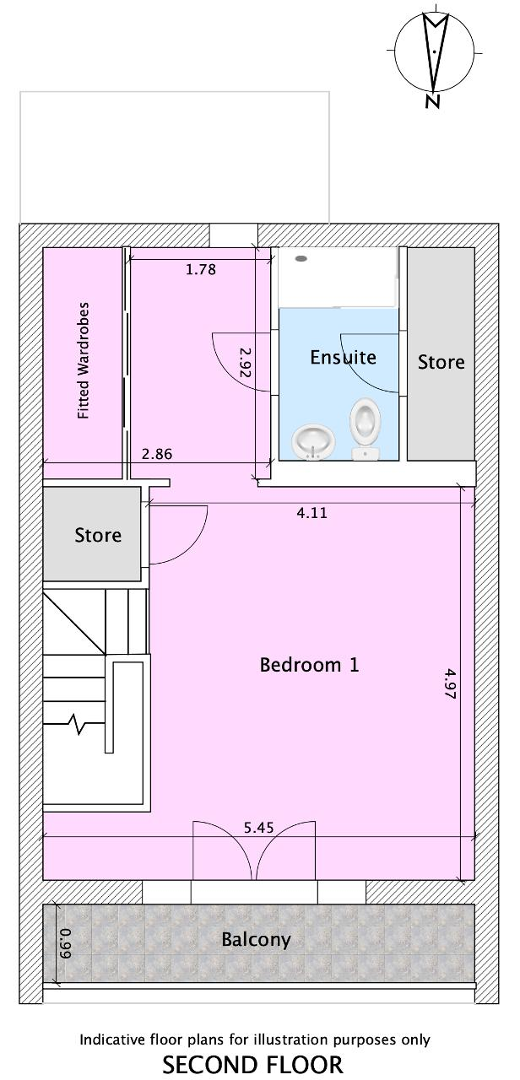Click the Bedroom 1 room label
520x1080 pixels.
[x=309, y=665]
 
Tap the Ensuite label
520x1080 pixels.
[x=343, y=357]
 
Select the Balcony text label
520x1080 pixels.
[x=256, y=940]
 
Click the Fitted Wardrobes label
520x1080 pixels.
[x=84, y=360]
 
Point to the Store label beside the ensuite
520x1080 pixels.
[x=441, y=362]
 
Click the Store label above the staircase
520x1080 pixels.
[x=98, y=535]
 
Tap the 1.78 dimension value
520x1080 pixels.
[x=201, y=269]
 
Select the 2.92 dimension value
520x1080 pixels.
[x=246, y=363]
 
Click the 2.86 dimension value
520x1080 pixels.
[x=157, y=454]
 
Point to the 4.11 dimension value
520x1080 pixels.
[x=311, y=512]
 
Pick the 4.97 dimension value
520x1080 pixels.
[x=450, y=683]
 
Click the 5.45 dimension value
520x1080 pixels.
[x=259, y=828]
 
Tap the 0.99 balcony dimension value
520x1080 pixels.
[x=66, y=941]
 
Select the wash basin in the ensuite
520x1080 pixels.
[x=314, y=441]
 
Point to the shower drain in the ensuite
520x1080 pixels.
[x=301, y=258]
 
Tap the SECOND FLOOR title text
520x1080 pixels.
[x=252, y=1065]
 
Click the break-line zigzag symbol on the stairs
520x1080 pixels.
[x=78, y=724]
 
